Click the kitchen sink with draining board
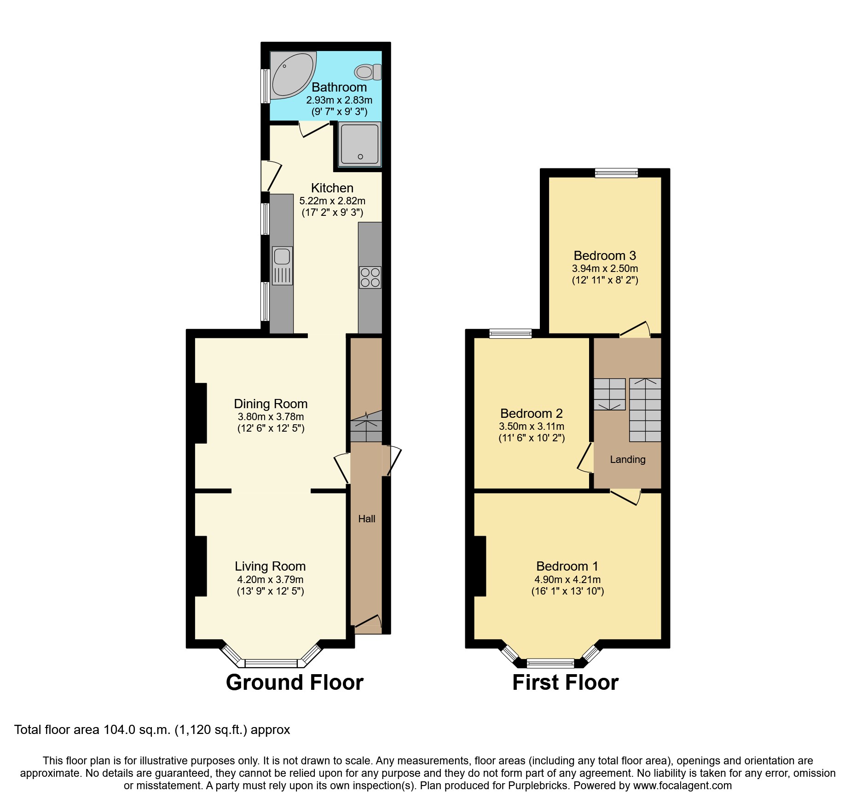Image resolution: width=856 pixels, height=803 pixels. pos(282,266)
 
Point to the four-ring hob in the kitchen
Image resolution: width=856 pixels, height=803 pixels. pos(370,277)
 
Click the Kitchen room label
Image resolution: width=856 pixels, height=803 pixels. pos(332,188)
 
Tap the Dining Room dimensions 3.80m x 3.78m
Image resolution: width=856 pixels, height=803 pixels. pos(271,417)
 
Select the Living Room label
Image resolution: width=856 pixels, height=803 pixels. pos(270,566)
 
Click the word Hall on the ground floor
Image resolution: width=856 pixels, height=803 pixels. pos(367,519)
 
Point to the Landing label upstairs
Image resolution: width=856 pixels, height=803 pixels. pos(627,459)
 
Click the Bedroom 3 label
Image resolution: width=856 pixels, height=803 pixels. pos(604,255)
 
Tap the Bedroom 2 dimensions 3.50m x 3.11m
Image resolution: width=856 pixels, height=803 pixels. pos(531,427)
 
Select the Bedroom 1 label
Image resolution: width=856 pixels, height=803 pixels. pos(567,566)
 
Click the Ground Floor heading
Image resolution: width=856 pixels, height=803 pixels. pos(295,682)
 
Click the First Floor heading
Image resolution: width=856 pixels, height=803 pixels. pos(565,682)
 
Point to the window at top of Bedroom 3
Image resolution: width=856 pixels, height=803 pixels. pos(616,173)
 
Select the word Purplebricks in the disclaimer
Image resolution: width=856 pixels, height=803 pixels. pos(538,786)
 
